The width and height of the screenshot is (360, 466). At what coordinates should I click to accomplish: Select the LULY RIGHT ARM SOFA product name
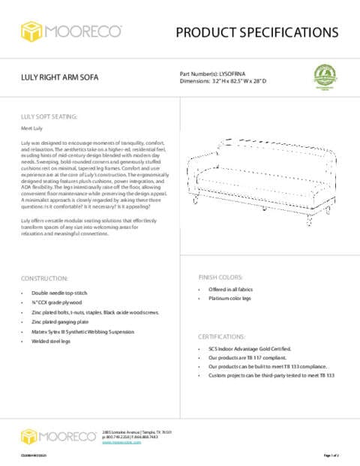click(59, 78)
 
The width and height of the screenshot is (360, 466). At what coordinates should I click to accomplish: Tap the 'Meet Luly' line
click(31, 129)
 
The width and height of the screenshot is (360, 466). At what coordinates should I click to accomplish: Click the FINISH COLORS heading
click(220, 276)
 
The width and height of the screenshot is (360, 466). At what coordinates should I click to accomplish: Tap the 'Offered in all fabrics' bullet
click(235, 289)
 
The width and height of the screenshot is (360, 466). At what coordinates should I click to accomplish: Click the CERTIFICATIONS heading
click(225, 337)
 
